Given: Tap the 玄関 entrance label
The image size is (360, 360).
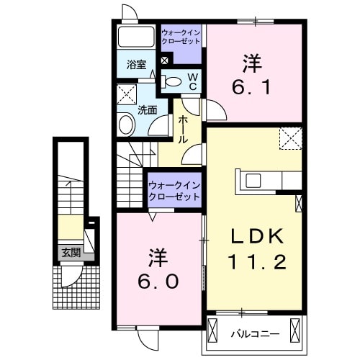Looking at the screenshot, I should click(x=71, y=252).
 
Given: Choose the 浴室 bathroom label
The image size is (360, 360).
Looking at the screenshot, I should click(x=137, y=64).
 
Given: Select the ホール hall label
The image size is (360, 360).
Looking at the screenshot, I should click(x=183, y=128).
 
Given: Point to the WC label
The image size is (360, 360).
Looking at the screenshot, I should click(x=193, y=81).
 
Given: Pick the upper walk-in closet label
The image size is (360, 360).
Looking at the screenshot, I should click(x=181, y=37).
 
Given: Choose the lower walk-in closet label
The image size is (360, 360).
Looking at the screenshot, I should click(x=174, y=191).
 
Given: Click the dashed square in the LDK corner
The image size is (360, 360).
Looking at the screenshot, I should click(x=291, y=138).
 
